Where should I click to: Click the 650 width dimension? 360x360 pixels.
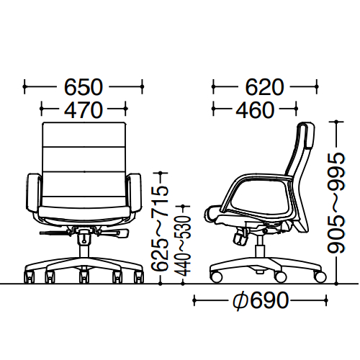(84, 87)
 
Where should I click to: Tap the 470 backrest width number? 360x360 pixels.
(84, 109)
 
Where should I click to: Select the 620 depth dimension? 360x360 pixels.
(264, 87)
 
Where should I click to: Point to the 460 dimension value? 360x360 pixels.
(255, 109)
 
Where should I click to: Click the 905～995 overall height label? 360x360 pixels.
(336, 203)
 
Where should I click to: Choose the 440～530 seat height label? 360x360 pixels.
(183, 246)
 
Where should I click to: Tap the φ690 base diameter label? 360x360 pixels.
(261, 300)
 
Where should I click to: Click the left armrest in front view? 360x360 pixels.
(33, 193)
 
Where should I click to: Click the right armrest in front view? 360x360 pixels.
(135, 193)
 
